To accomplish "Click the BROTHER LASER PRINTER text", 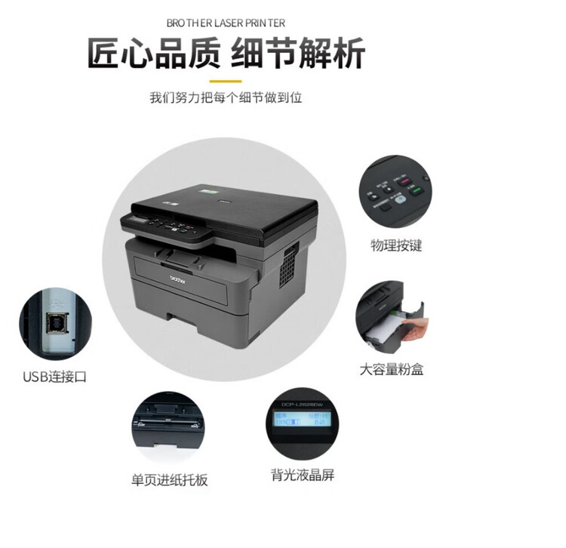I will pos(226,23).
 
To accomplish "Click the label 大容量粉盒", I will pos(391,371).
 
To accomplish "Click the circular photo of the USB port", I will pos(54,325).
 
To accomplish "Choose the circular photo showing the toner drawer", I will pos(392,317).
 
